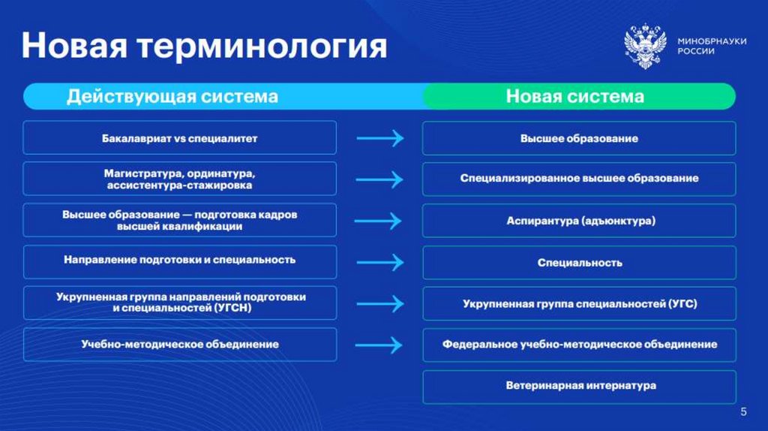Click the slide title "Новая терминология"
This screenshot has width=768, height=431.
click(x=204, y=47)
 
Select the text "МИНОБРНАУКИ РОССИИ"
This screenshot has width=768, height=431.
click(x=711, y=47)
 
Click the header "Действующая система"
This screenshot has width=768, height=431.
click(x=172, y=97)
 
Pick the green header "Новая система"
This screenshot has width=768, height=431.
click(x=574, y=97)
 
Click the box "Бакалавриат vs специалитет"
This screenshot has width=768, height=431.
click(x=179, y=139)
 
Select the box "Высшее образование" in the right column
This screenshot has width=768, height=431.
click(x=579, y=139)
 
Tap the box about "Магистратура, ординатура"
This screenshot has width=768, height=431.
click(x=179, y=179)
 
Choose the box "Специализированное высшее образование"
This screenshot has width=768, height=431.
click(x=579, y=179)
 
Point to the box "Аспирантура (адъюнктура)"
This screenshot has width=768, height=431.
click(x=579, y=221)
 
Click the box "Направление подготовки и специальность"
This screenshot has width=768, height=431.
click(x=179, y=261)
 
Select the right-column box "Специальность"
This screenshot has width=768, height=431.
click(x=579, y=263)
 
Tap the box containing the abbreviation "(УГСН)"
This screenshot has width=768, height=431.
click(x=179, y=303)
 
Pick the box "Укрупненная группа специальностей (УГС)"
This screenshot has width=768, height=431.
click(x=579, y=303)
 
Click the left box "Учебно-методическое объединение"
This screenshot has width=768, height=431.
click(x=179, y=345)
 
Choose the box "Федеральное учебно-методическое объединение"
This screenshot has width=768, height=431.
click(x=579, y=345)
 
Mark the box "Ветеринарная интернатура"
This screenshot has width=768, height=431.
click(x=579, y=386)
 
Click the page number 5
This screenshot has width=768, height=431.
click(x=743, y=411)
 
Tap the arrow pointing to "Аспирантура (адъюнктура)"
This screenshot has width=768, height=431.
click(x=379, y=221)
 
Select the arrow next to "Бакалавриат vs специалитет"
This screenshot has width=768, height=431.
click(x=379, y=139)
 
